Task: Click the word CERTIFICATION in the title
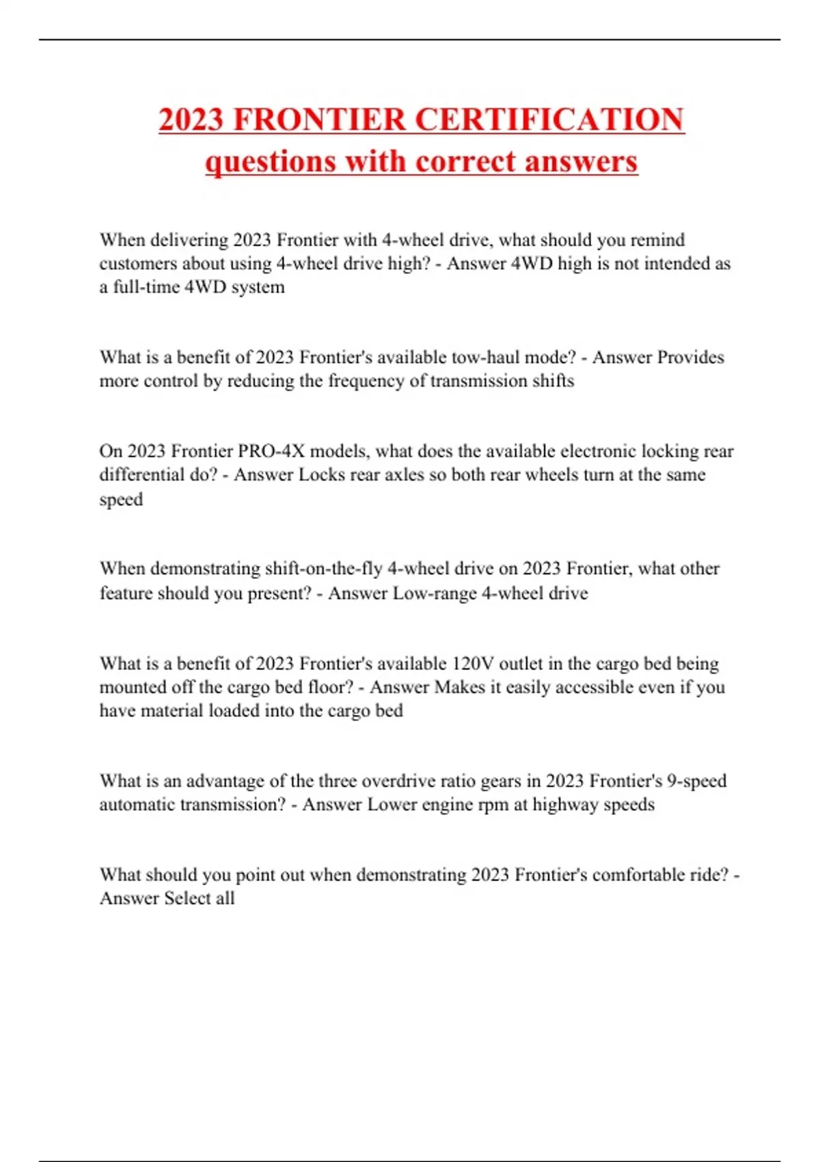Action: click(549, 120)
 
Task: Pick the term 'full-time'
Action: click(146, 287)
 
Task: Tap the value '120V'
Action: click(473, 664)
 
